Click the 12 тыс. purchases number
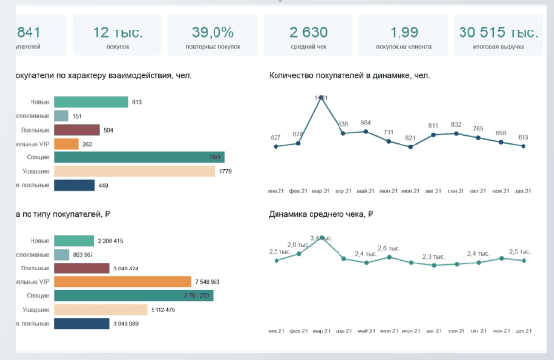coord(118,32)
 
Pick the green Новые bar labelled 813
coord(92,101)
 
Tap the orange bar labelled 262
coord(66,144)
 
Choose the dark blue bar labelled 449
coord(75,185)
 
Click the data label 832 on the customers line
coord(456,124)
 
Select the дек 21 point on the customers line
coord(523,147)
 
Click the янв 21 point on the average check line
coord(276,261)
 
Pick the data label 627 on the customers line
coord(276,137)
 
